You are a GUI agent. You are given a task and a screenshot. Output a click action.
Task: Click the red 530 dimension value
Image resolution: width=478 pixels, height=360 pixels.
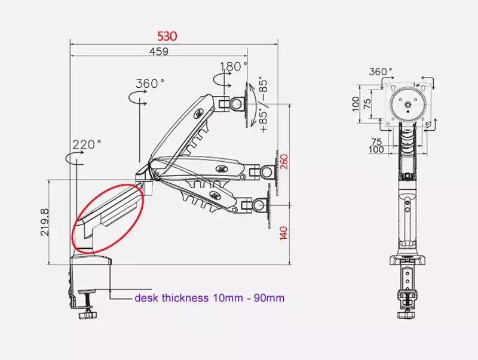pyautogui.click(x=167, y=36)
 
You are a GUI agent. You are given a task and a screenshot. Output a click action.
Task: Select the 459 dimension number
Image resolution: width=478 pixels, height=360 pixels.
pyautogui.click(x=159, y=51)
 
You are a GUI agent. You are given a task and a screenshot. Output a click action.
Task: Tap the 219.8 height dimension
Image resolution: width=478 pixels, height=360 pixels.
pyautogui.click(x=44, y=222)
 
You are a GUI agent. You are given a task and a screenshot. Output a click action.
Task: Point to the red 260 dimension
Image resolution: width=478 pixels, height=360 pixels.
pyautogui.click(x=283, y=162)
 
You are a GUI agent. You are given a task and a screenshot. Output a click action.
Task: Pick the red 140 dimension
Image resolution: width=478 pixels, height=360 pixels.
pyautogui.click(x=283, y=233)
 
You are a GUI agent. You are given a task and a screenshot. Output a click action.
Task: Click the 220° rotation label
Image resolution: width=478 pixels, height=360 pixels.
pyautogui.click(x=87, y=144)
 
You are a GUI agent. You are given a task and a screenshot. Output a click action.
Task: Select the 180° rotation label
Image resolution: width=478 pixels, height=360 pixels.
pyautogui.click(x=234, y=66)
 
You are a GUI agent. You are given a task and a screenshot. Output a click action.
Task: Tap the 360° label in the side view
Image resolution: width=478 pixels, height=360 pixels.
pyautogui.click(x=150, y=83)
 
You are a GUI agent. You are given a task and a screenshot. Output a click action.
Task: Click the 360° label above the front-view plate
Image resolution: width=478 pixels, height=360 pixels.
pyautogui.click(x=381, y=72)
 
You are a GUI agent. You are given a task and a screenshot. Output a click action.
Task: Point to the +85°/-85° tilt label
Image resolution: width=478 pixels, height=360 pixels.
pyautogui.click(x=263, y=106)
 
